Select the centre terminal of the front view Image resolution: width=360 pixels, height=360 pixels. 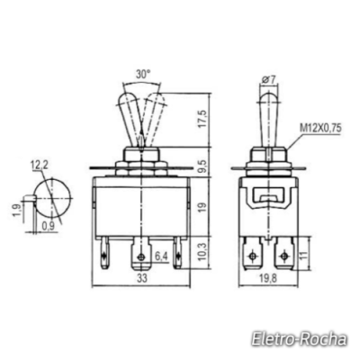(x=140, y=256)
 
